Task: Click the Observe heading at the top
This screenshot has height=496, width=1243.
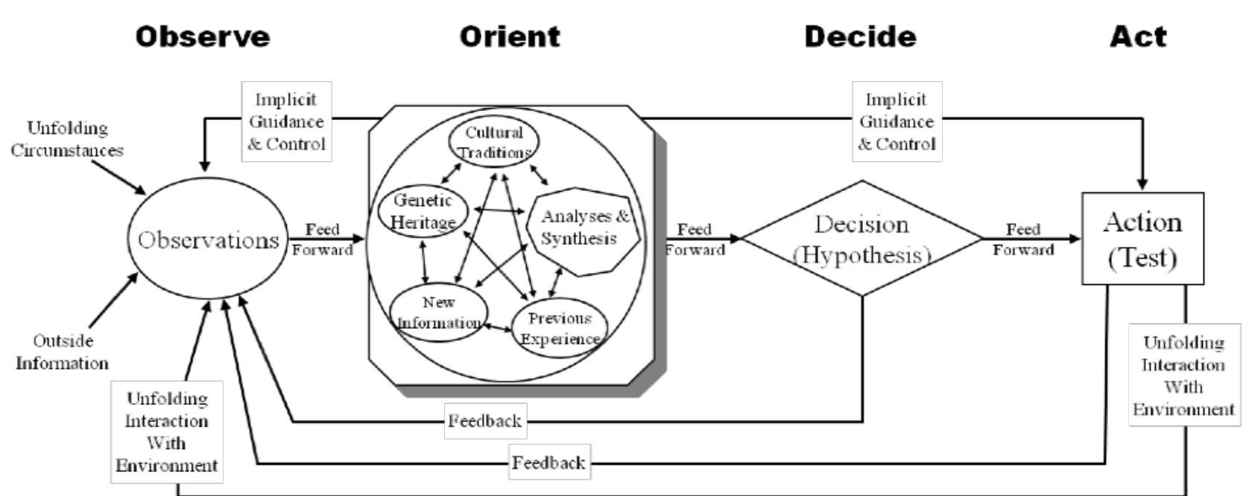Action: [203, 37]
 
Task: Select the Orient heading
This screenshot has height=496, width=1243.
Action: [510, 37]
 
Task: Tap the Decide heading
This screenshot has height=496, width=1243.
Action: [860, 37]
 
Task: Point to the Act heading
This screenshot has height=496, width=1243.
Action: [1139, 37]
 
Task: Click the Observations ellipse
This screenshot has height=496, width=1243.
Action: [207, 240]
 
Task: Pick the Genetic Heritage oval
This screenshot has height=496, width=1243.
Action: [423, 212]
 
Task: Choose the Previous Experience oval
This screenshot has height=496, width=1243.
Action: [560, 329]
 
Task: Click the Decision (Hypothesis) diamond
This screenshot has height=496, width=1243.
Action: [862, 239]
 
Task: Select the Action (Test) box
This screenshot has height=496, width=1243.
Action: [1142, 239]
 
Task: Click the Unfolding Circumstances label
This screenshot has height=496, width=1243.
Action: [68, 139]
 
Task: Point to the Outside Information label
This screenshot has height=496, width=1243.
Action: [63, 352]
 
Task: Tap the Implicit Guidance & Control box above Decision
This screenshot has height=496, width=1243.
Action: [896, 122]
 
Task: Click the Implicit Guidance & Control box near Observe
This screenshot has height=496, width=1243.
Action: [287, 122]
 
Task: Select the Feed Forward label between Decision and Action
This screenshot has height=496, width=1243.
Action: [1023, 239]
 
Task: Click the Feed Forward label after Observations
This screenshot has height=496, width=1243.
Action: [322, 239]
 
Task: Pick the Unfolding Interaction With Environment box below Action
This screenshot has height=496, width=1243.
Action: [1184, 375]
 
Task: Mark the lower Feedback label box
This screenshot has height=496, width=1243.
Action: [549, 462]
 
